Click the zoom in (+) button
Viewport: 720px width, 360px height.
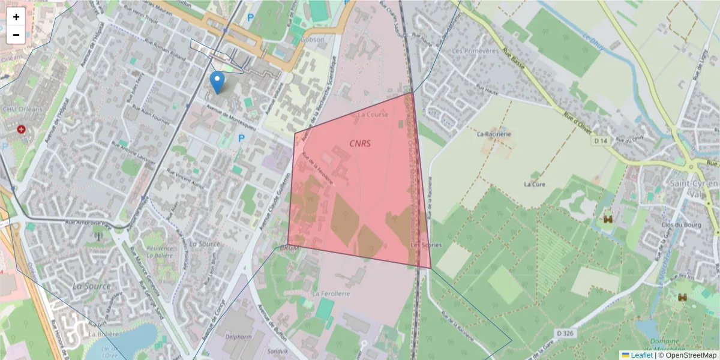(16, 17)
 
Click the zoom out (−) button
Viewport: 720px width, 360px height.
(16, 35)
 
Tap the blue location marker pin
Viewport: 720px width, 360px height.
(217, 82)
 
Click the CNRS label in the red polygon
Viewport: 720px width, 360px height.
(360, 143)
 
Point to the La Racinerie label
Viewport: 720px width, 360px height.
(494, 134)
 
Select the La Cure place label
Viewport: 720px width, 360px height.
(533, 184)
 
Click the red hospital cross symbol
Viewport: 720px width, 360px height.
(22, 129)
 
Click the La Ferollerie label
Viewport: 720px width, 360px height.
(331, 294)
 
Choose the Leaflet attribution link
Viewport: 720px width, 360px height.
(640, 355)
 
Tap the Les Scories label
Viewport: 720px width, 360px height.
(426, 245)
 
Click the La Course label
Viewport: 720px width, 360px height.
(373, 114)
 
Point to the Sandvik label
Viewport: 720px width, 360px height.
(278, 351)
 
